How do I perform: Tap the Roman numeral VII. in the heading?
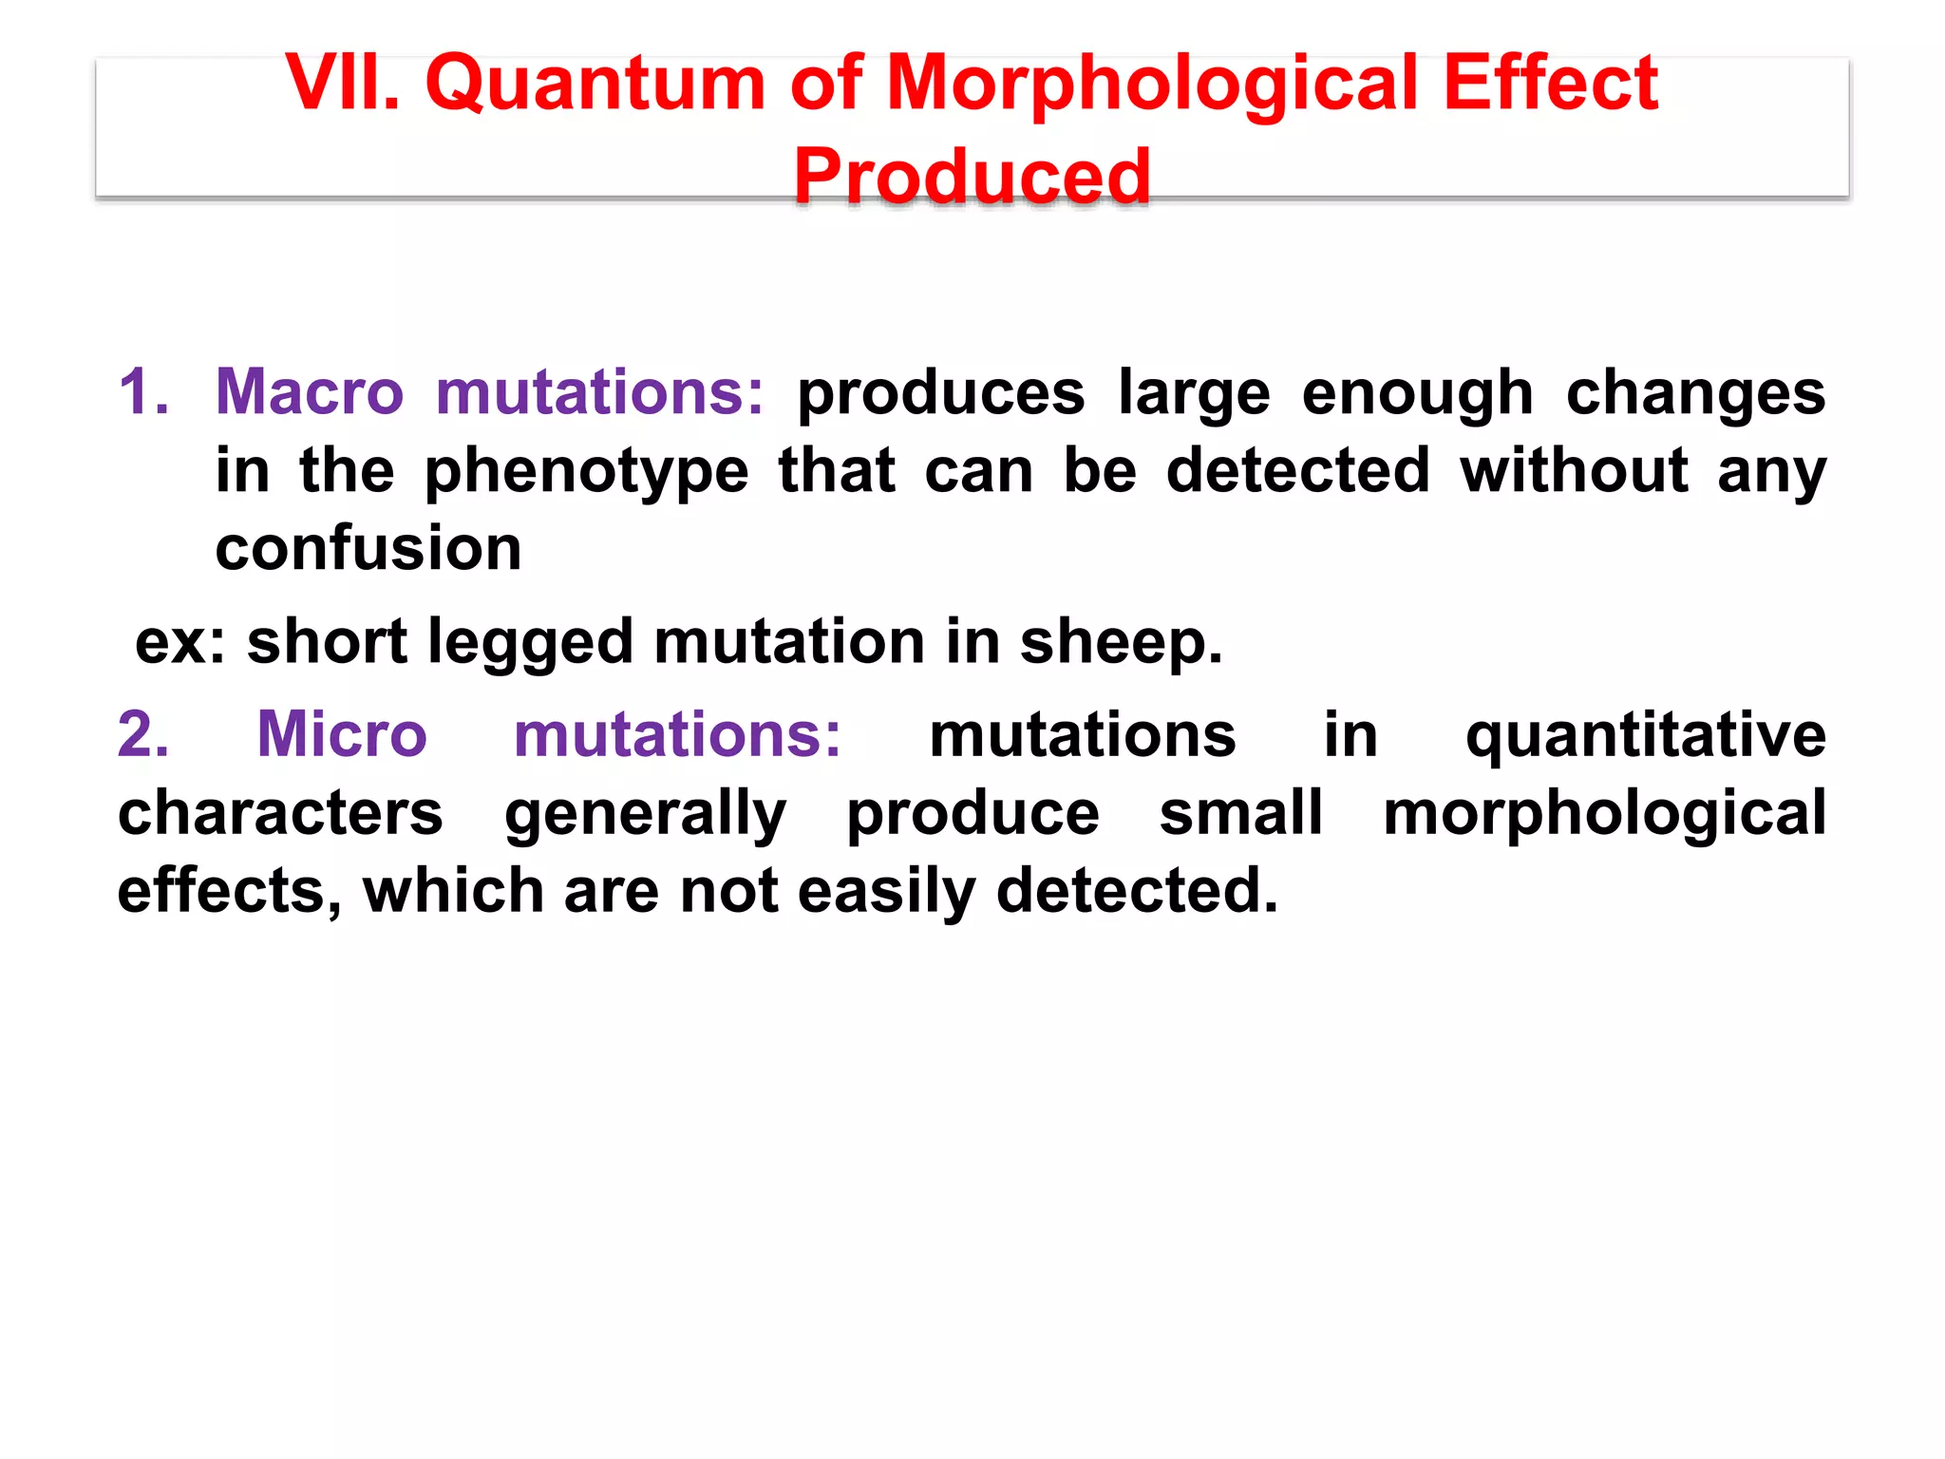[x=342, y=84]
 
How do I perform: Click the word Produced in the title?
[x=972, y=177]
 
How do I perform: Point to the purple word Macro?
[x=310, y=391]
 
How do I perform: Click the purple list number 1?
[x=143, y=391]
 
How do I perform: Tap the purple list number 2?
[x=143, y=733]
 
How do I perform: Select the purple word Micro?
[x=342, y=733]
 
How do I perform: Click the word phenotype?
[x=586, y=471]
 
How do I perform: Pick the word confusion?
[x=368, y=548]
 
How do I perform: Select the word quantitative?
[x=1645, y=733]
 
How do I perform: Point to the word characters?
[x=280, y=813]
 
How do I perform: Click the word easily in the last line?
[x=886, y=891]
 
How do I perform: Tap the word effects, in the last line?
[x=229, y=891]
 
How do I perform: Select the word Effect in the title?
[x=1550, y=84]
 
